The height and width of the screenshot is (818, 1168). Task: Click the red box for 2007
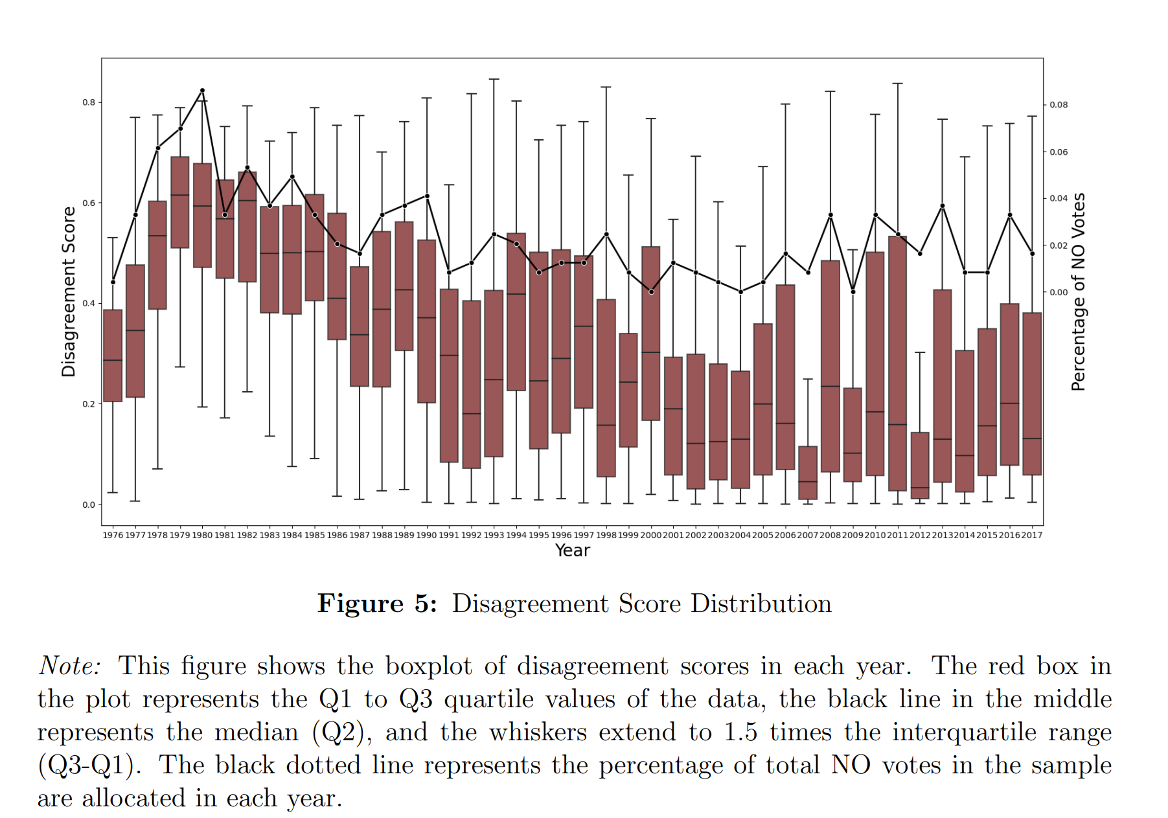(807, 472)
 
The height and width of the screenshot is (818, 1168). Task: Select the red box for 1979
(180, 202)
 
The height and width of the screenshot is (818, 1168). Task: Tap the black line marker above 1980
(202, 91)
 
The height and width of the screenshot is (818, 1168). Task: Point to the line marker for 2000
(651, 291)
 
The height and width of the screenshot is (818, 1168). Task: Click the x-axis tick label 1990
(426, 535)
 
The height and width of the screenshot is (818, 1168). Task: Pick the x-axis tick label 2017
(1032, 535)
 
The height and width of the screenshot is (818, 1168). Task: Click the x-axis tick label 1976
(113, 535)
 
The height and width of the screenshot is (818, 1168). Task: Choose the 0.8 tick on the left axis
(89, 102)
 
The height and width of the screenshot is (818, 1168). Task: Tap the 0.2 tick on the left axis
(89, 404)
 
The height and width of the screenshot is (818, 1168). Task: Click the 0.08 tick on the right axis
(1059, 105)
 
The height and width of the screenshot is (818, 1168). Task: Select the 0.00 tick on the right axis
(1059, 292)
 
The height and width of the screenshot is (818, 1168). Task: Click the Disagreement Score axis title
(69, 291)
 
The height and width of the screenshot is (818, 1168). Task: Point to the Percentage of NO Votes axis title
(1078, 291)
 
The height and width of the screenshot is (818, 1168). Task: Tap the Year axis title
(573, 551)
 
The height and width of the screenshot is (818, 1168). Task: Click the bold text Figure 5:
(377, 604)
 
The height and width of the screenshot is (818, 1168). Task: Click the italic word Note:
(70, 666)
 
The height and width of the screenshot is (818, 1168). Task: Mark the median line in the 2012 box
(920, 488)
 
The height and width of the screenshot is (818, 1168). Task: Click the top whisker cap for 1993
(494, 79)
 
